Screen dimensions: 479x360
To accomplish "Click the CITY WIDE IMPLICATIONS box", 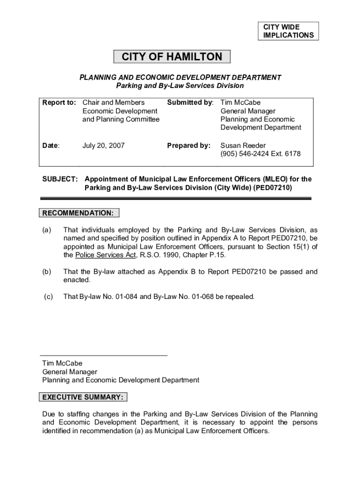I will click(288, 31).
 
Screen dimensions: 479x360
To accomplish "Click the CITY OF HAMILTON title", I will click(172, 57).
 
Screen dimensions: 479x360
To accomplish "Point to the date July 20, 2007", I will click(103, 145).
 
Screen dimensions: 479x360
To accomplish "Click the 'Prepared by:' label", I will click(189, 145).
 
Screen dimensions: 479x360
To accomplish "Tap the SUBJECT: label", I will click(60, 179).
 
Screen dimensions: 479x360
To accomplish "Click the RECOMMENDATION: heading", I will click(78, 213).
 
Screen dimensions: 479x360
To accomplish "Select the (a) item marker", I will click(47, 230).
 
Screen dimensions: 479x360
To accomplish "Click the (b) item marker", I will click(47, 271).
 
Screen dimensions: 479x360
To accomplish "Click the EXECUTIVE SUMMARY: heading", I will click(83, 398).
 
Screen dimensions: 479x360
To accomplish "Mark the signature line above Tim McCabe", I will click(104, 356).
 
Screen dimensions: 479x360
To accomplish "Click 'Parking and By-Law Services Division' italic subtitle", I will click(180, 86).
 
